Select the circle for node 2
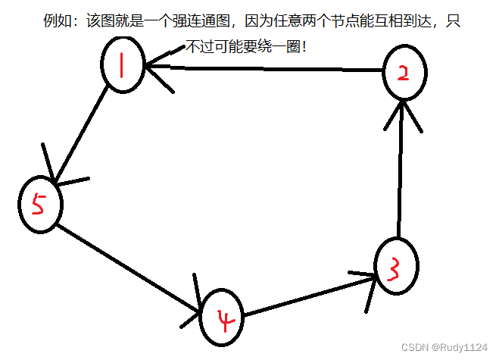point(404,73)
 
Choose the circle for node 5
point(40,204)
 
